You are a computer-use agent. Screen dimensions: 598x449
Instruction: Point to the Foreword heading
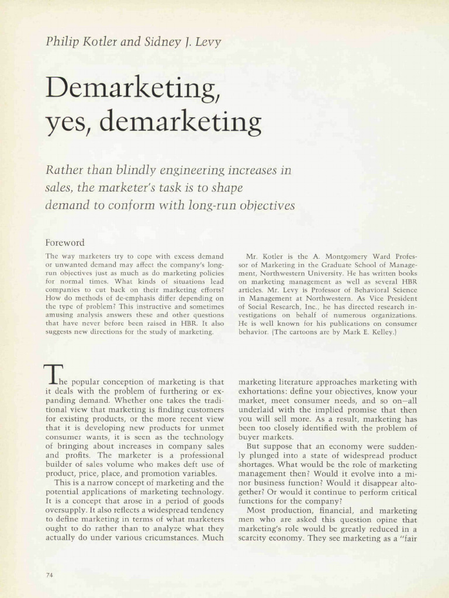pyautogui.click(x=65, y=242)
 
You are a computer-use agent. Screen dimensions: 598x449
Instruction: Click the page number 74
pyautogui.click(x=49, y=575)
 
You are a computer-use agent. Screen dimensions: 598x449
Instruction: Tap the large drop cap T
pyautogui.click(x=53, y=374)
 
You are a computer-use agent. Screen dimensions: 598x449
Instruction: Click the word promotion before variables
pyautogui.click(x=160, y=473)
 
